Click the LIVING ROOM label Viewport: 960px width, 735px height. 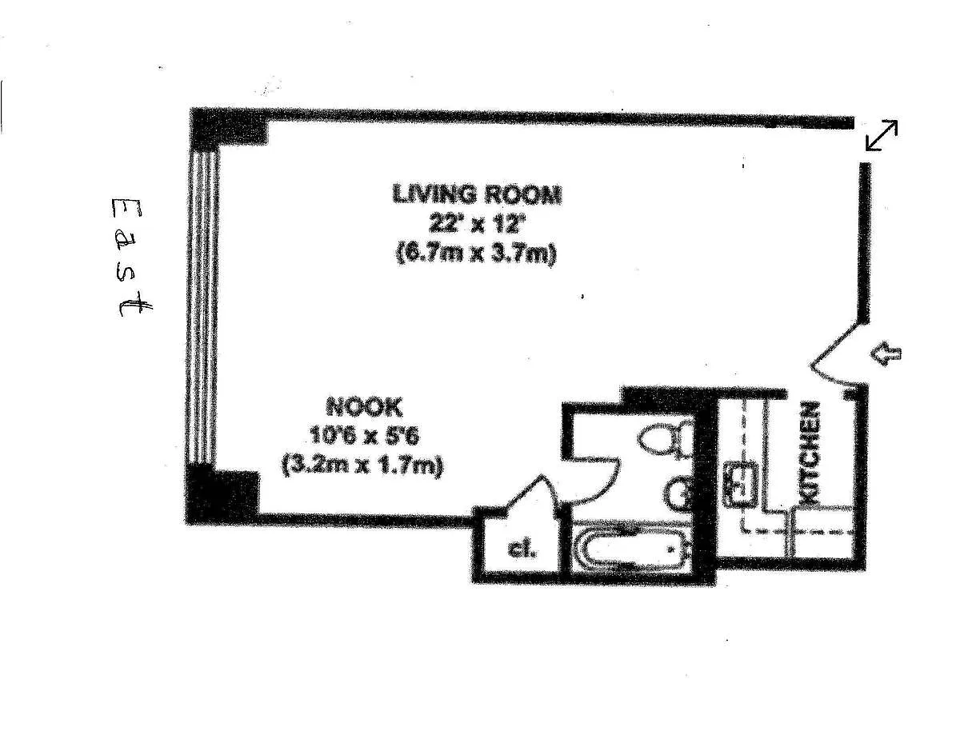pyautogui.click(x=477, y=194)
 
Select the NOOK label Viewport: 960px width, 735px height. pyautogui.click(x=365, y=407)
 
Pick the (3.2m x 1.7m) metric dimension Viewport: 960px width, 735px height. pyautogui.click(x=362, y=466)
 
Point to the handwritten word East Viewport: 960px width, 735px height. pyautogui.click(x=131, y=257)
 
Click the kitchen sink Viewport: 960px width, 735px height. pyautogui.click(x=740, y=484)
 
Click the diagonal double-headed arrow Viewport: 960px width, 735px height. pyautogui.click(x=881, y=135)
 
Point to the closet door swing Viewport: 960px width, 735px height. pyautogui.click(x=531, y=495)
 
